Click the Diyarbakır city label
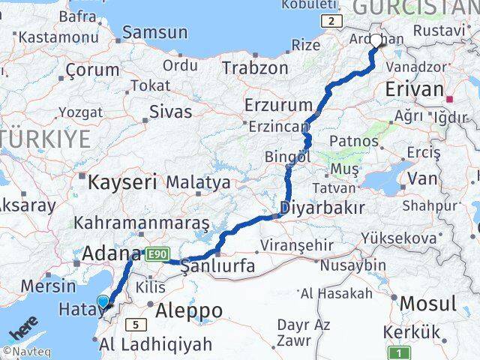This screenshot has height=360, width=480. point(322,208)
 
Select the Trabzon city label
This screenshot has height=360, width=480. point(254,67)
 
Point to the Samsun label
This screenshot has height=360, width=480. point(154,32)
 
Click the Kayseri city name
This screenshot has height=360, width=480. point(122,181)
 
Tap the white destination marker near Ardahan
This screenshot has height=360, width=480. point(376,40)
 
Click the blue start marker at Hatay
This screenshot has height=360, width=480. point(103,301)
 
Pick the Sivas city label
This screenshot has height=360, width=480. point(170,112)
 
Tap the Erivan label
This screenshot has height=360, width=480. point(414,89)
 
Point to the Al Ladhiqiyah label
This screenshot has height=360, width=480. point(155,345)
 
